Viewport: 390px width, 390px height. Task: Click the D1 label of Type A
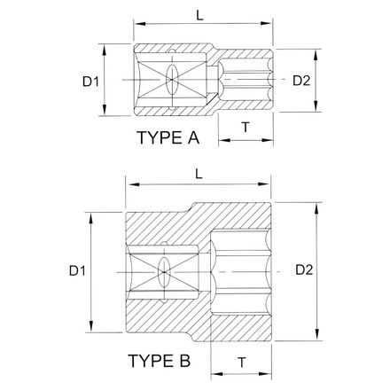pos(90,82)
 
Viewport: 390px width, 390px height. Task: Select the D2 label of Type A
pos(300,82)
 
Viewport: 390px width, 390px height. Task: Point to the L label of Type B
pos(199,177)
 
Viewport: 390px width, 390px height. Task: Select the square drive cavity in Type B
pos(164,269)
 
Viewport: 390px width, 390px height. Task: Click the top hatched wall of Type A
pos(177,52)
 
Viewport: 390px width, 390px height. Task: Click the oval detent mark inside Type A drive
pos(171,81)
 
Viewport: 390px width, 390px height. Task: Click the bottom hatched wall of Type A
pos(177,109)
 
